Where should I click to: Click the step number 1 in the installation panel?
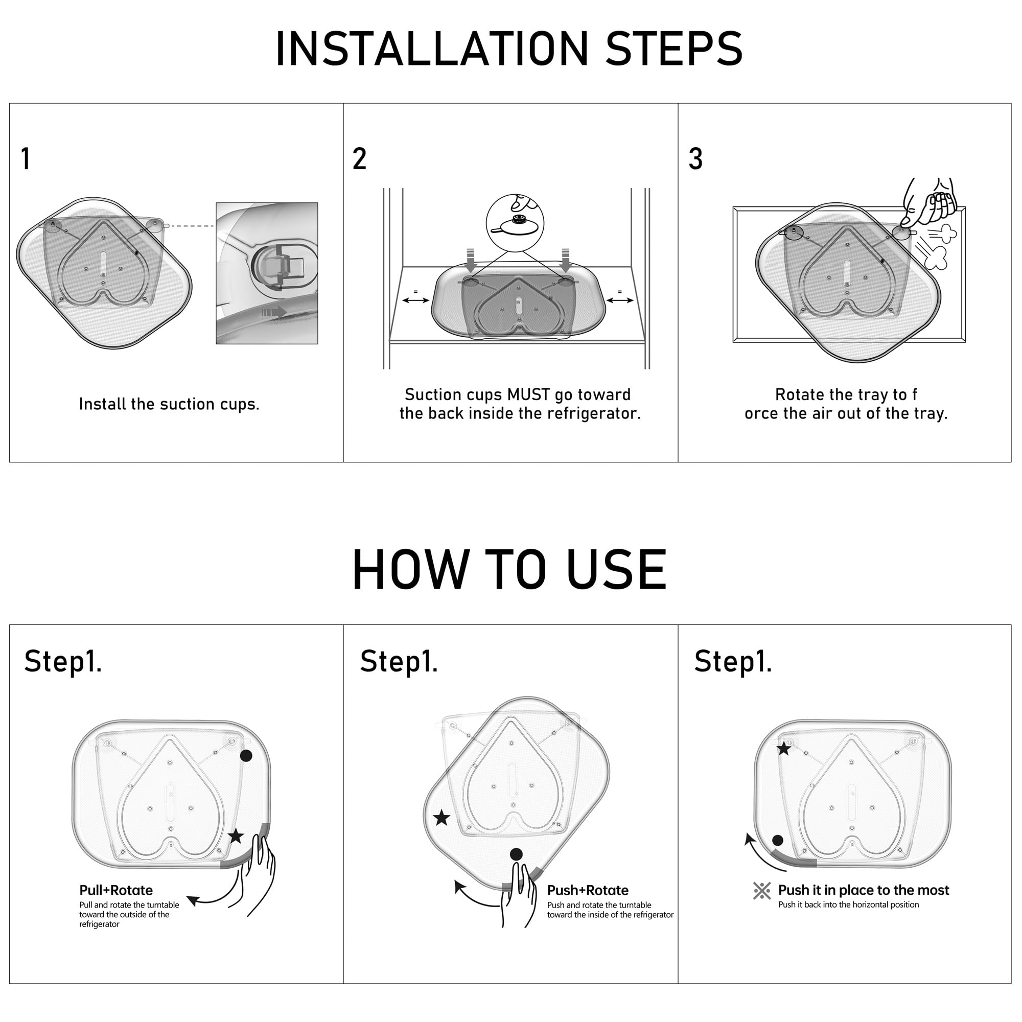click(x=26, y=159)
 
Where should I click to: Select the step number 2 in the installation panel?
click(x=360, y=159)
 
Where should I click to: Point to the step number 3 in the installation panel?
click(x=695, y=159)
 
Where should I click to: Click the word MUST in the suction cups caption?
click(x=528, y=394)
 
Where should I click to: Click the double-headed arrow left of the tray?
click(x=416, y=300)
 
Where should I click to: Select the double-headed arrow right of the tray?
click(x=619, y=300)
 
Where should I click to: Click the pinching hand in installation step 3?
click(x=930, y=201)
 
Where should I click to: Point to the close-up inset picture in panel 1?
click(x=267, y=273)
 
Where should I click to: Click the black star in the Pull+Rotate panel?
click(x=236, y=837)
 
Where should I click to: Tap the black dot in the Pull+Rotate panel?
click(x=246, y=755)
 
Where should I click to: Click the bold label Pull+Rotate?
click(x=116, y=890)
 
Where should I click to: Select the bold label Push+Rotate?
click(x=588, y=890)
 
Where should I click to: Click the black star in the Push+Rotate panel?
click(x=442, y=818)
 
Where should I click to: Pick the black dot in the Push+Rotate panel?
click(x=516, y=854)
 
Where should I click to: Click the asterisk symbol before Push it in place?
click(x=762, y=891)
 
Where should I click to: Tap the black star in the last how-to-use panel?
click(x=783, y=749)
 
